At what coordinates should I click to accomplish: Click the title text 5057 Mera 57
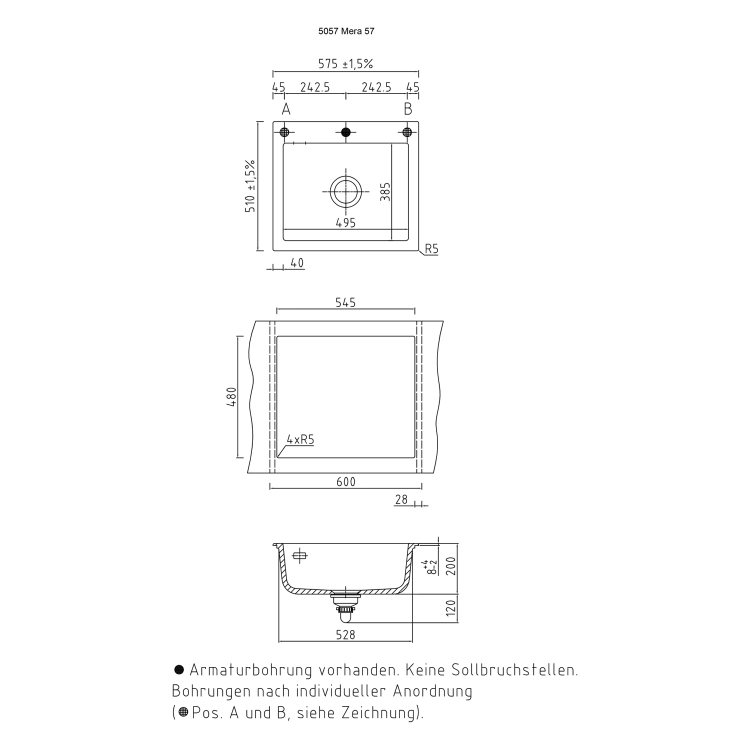click(x=346, y=31)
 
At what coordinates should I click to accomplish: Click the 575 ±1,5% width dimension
click(x=345, y=64)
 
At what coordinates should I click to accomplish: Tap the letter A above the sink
click(x=286, y=109)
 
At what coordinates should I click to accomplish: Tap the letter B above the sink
click(x=408, y=109)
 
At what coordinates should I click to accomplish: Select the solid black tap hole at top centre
click(x=345, y=132)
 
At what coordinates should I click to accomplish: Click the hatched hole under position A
click(x=284, y=132)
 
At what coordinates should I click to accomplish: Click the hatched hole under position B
click(x=407, y=132)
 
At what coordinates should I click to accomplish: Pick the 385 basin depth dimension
click(x=385, y=191)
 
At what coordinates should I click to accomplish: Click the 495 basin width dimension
click(x=345, y=223)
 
